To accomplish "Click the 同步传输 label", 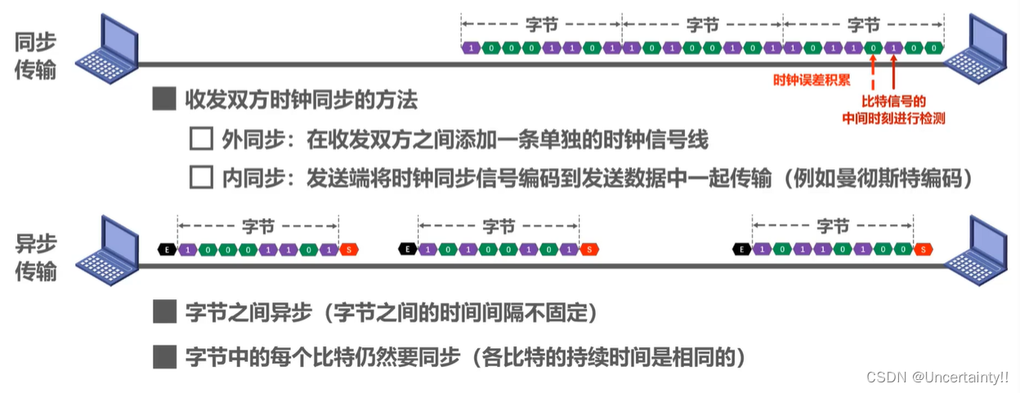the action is click(35, 56).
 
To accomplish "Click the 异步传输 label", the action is click(35, 256).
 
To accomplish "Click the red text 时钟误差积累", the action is click(812, 80).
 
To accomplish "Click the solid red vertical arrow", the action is click(894, 74).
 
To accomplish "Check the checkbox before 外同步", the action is click(200, 139).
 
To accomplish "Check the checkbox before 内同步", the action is click(200, 177).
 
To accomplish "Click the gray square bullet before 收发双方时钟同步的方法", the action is click(165, 100).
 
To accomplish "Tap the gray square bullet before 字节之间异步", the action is click(165, 312).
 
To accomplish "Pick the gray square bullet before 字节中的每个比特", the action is click(165, 356).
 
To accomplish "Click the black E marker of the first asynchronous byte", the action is click(167, 248).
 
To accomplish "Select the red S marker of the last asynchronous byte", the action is click(924, 248).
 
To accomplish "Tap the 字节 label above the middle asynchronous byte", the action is click(499, 225).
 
